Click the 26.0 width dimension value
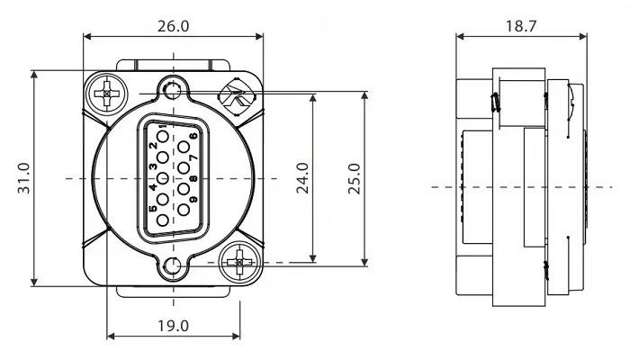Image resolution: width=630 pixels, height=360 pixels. (173, 26)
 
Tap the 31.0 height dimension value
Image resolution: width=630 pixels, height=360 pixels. (23, 178)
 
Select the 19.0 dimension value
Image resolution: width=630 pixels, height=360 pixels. (173, 326)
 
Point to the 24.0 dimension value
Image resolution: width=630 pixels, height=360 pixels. (302, 178)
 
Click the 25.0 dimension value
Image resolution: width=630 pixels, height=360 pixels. (354, 179)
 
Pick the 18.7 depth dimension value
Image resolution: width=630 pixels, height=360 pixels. (521, 26)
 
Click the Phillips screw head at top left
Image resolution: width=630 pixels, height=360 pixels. (107, 94)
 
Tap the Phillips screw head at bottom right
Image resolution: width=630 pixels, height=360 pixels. (239, 263)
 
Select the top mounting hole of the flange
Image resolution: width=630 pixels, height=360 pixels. (173, 90)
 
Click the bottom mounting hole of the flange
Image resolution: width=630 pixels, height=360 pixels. (173, 265)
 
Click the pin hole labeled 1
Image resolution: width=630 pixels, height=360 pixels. (163, 137)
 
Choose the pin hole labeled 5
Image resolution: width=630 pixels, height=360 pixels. (163, 220)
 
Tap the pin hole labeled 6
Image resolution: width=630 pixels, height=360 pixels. (184, 147)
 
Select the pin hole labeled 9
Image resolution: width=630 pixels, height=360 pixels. (184, 210)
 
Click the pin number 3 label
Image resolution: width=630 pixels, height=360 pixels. (153, 166)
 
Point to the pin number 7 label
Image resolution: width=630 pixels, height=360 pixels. (193, 157)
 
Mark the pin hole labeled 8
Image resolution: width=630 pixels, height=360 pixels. (184, 189)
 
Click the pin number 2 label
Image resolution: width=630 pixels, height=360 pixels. (153, 146)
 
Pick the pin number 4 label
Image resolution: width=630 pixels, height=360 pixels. (153, 187)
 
